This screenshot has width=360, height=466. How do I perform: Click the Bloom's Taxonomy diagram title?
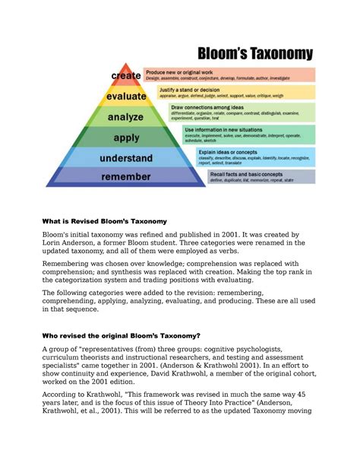[x=254, y=53]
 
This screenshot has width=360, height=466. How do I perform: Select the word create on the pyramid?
[x=126, y=76]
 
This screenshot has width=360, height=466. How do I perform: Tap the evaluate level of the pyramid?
[x=126, y=97]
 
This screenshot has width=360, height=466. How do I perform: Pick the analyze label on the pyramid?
[x=126, y=118]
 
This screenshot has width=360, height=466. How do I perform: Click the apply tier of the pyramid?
[x=126, y=138]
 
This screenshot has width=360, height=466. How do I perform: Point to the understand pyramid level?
[x=126, y=159]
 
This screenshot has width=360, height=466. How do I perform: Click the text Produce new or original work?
[x=183, y=71]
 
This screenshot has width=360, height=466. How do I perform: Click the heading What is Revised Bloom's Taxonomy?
[x=103, y=220]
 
